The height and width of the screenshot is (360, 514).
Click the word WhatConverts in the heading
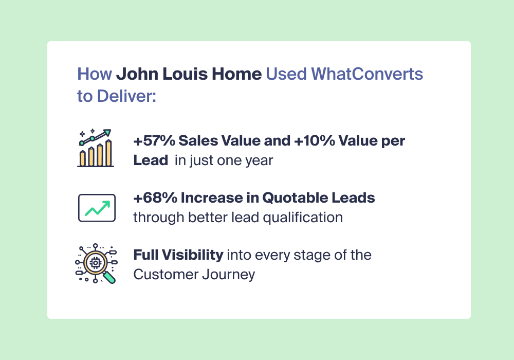click(367, 74)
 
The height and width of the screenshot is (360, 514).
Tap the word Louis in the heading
click(185, 74)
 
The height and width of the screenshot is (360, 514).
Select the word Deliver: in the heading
click(126, 96)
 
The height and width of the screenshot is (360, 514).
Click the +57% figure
click(154, 140)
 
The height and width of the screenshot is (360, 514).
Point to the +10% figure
click(315, 140)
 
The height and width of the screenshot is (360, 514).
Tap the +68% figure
click(155, 197)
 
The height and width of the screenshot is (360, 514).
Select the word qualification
click(303, 218)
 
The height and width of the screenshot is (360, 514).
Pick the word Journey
click(229, 275)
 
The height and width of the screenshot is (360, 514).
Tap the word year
click(261, 160)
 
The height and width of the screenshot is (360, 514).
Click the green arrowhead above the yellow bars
click(107, 133)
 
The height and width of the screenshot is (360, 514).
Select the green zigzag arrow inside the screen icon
click(97, 208)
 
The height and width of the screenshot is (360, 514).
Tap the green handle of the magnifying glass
click(110, 277)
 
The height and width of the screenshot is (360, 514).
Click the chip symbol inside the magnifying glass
click(96, 263)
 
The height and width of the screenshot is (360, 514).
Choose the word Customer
click(166, 275)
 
